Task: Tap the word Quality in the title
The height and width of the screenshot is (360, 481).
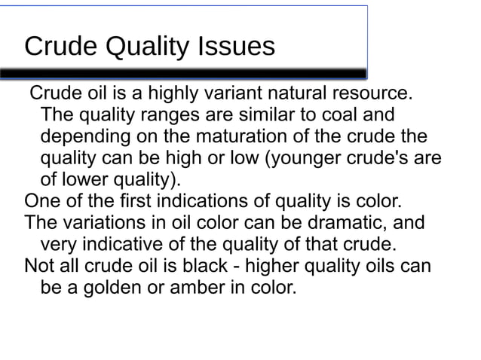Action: pos(148,47)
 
